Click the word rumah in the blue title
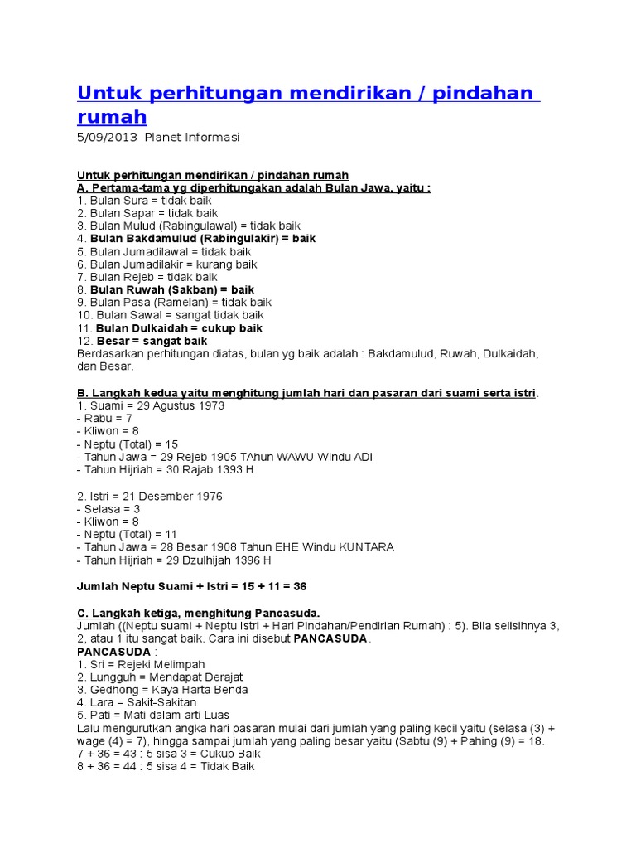[x=112, y=117]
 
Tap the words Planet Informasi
[x=191, y=138]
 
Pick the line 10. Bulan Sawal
[x=171, y=315]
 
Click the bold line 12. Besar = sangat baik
[x=142, y=341]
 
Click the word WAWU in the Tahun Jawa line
[x=292, y=458]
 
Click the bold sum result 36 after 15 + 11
[x=300, y=586]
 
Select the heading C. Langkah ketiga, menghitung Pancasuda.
[x=198, y=612]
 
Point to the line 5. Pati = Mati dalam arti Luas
[x=153, y=715]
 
